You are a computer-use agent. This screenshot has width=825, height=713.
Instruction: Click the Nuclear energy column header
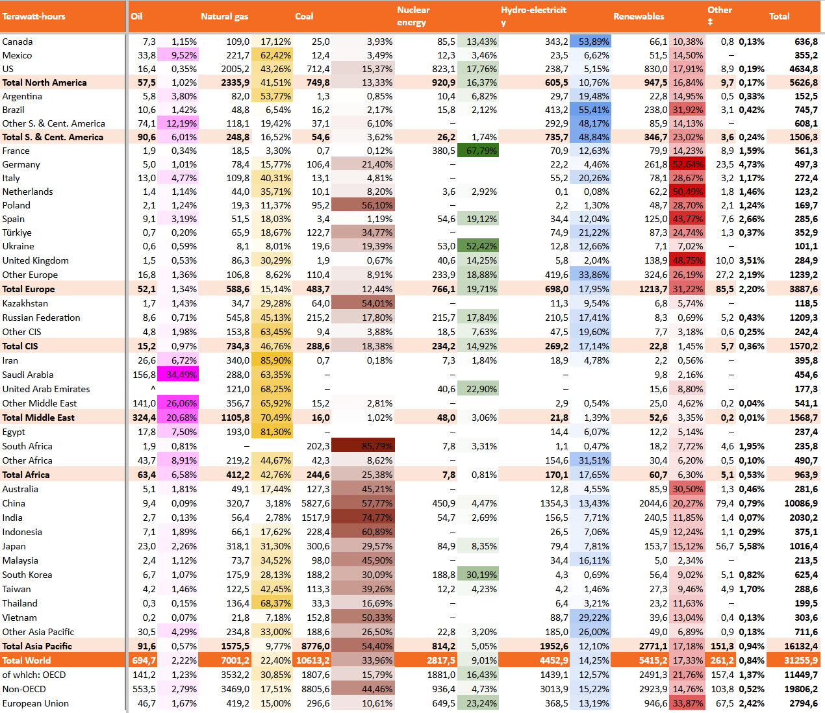[x=413, y=16]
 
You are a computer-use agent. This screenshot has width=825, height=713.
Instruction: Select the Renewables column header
[x=639, y=16]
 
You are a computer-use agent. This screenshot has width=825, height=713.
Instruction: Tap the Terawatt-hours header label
[x=34, y=16]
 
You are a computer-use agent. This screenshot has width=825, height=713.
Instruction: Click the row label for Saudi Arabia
[x=28, y=375]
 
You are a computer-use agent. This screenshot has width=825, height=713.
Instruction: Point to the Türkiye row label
[x=17, y=232]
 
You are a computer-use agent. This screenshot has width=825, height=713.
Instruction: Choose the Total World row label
[x=27, y=660]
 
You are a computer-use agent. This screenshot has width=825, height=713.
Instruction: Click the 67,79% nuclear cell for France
[x=478, y=151]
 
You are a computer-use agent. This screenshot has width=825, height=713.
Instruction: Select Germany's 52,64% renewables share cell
[x=688, y=164]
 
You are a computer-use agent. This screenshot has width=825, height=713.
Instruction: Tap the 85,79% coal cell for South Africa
[x=363, y=446]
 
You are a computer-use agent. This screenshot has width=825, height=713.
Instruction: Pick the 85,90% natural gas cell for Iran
[x=272, y=360]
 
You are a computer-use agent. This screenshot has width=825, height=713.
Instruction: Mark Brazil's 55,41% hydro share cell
[x=590, y=110]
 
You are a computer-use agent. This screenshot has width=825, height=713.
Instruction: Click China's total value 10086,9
[x=801, y=503]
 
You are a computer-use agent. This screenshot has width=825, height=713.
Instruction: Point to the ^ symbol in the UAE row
[x=153, y=388]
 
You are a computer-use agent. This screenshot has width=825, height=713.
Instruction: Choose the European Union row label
[x=36, y=703]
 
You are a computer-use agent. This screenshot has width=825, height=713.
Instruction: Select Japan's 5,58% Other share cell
[x=752, y=546]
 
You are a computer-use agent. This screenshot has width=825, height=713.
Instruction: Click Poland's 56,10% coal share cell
[x=363, y=205]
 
